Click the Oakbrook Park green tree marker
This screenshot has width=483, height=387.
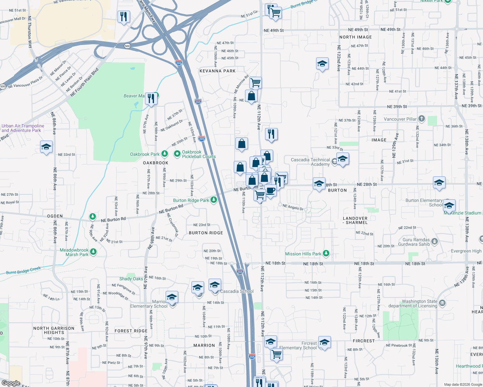(x=165, y=154)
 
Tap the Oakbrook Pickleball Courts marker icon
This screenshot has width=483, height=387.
(x=177, y=154)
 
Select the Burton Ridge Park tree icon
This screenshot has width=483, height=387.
(x=213, y=200)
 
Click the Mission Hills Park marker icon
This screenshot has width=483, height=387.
(x=326, y=253)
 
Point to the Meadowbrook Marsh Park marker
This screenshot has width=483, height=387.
(x=93, y=252)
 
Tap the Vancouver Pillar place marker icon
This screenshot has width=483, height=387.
(x=422, y=119)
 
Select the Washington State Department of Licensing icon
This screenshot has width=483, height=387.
(x=442, y=303)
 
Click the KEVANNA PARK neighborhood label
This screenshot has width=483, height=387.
(x=218, y=71)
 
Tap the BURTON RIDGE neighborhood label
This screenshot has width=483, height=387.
(x=206, y=233)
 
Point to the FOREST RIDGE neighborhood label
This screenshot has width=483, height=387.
(x=131, y=331)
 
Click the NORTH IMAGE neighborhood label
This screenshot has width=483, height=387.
(x=355, y=37)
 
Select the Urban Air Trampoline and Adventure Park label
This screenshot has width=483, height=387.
(x=23, y=128)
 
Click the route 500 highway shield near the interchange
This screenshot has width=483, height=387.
(x=127, y=46)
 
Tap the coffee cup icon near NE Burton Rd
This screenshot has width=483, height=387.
(x=271, y=190)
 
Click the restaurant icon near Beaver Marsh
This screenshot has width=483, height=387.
(x=151, y=98)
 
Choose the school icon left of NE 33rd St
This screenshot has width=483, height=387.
(x=46, y=147)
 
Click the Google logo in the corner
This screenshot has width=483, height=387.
(x=11, y=383)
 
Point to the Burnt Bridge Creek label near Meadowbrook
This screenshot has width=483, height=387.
(x=24, y=270)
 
